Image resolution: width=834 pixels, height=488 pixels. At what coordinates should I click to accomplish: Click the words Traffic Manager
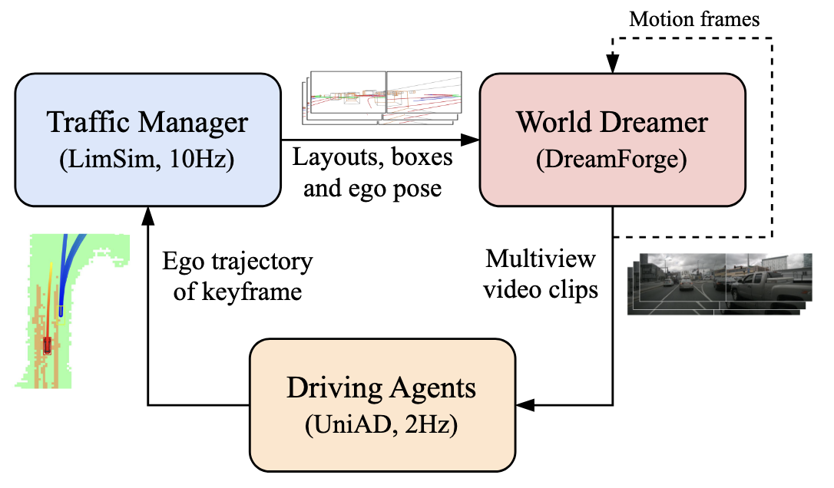(147, 123)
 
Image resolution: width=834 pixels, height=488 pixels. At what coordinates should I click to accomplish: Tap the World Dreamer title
(612, 123)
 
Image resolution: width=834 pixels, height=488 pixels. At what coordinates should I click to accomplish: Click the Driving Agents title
(382, 388)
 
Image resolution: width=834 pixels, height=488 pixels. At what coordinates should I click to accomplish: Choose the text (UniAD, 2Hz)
(382, 425)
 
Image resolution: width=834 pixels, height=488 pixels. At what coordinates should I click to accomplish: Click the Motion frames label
(694, 19)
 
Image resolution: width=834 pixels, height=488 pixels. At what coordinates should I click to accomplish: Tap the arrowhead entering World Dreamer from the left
(470, 140)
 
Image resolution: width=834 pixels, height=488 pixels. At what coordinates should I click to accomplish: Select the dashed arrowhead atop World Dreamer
(613, 63)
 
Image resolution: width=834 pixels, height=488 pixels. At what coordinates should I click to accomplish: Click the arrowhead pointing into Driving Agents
(525, 405)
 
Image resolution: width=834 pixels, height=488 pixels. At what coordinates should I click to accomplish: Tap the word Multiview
(541, 260)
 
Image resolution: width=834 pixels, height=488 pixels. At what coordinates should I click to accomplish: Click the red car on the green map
(48, 345)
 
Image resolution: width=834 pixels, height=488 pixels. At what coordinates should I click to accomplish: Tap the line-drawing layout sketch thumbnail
(382, 97)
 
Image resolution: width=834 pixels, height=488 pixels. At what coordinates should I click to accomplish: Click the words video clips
(541, 290)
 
